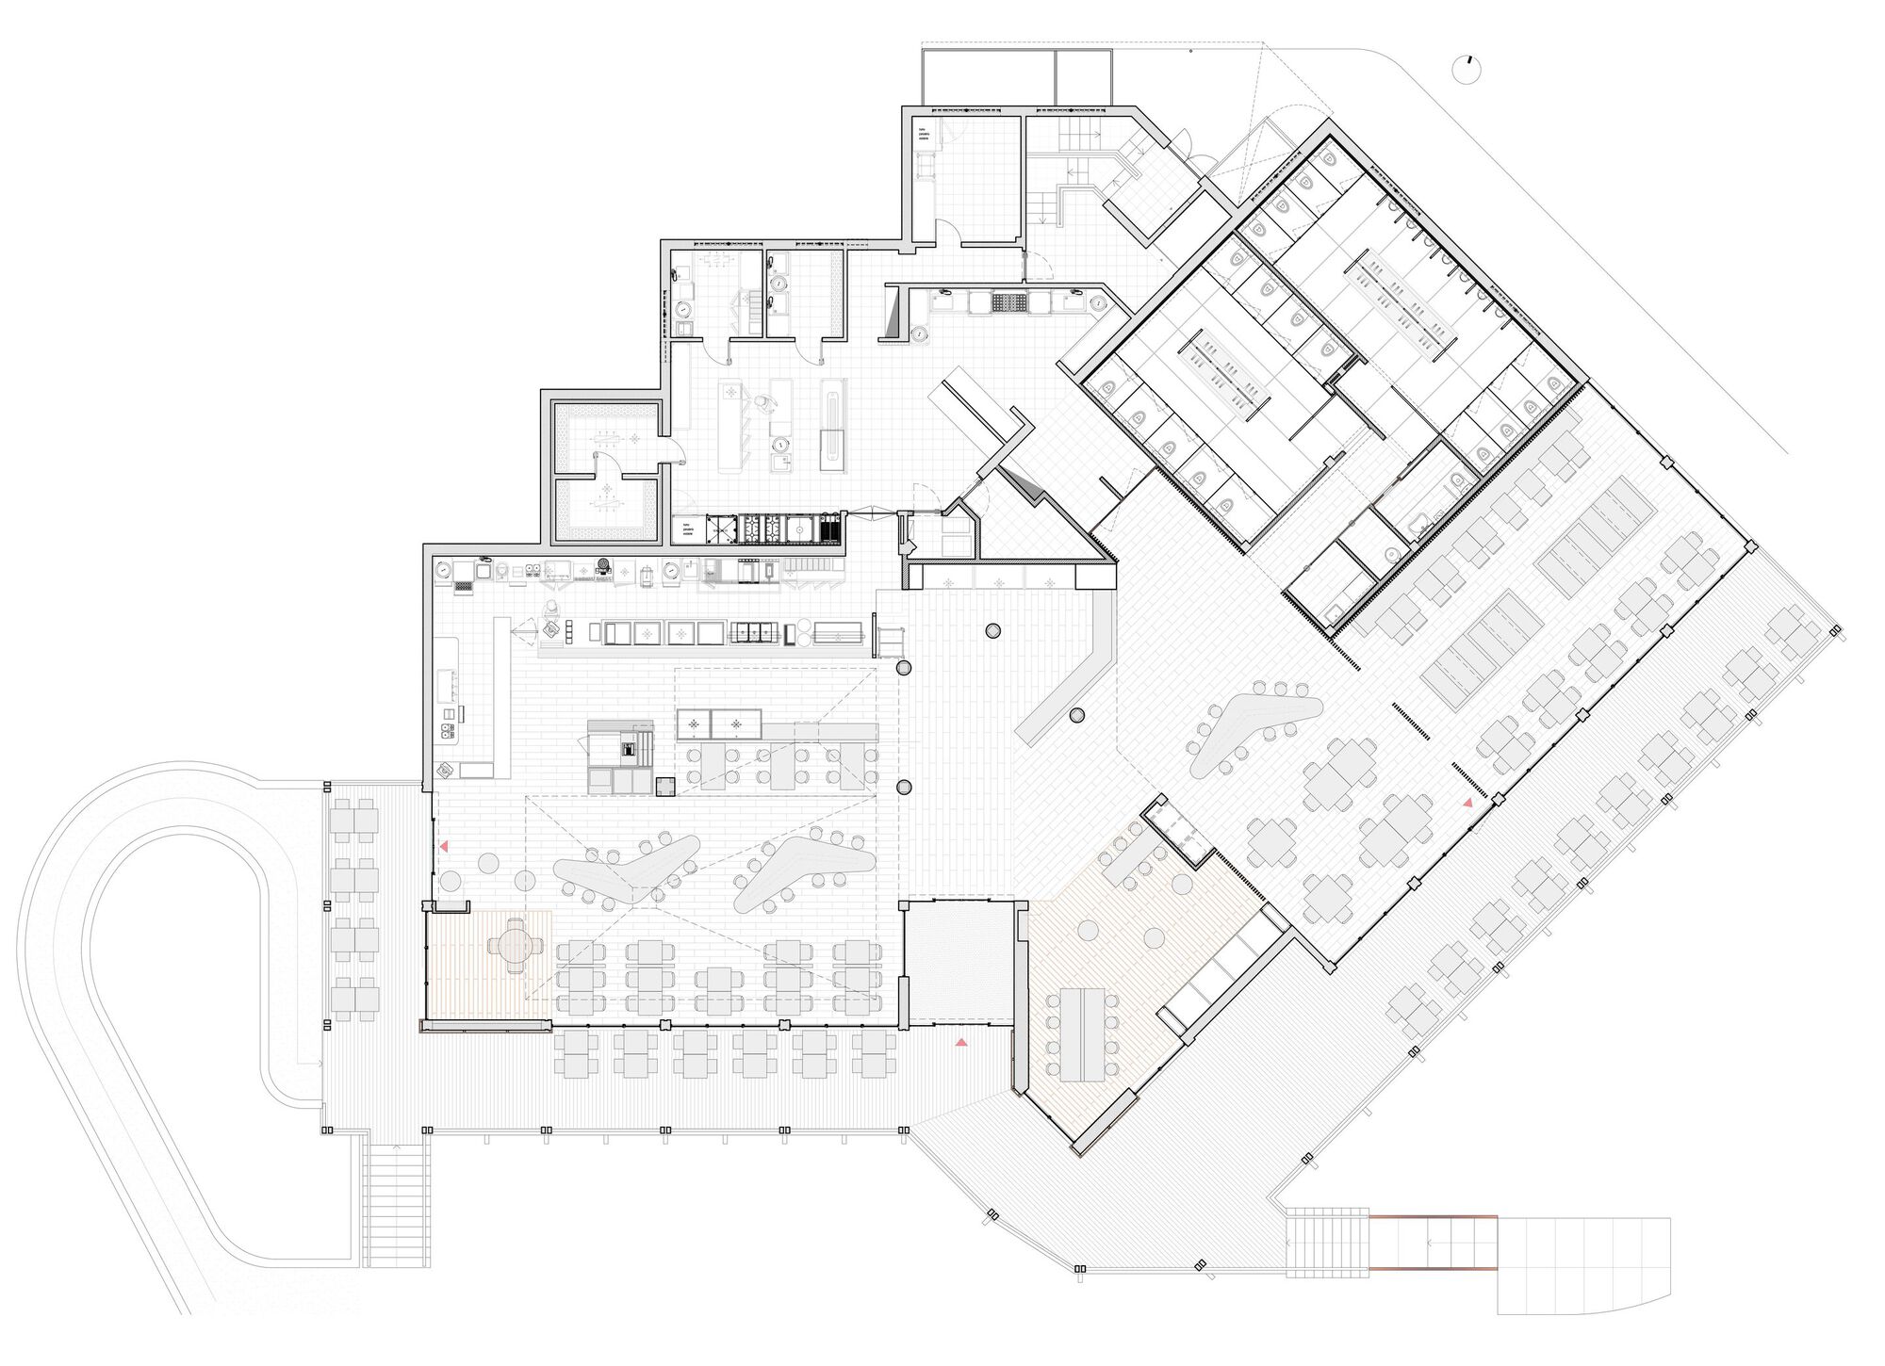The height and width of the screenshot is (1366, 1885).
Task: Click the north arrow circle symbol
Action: (1468, 70)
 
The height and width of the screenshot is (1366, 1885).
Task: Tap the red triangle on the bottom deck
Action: (961, 1042)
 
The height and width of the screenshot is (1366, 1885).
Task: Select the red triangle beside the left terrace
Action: (443, 847)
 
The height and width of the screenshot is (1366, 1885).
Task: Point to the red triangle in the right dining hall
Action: (1467, 803)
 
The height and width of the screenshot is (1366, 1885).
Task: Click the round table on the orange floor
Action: (515, 946)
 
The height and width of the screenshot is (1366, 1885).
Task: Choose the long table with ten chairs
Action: (1082, 1034)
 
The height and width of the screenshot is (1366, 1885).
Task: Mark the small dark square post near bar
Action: (665, 785)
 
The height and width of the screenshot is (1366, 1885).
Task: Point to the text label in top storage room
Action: (926, 138)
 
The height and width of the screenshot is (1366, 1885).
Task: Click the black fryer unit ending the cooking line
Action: (830, 529)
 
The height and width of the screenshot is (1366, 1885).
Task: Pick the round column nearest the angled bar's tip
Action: (1077, 716)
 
